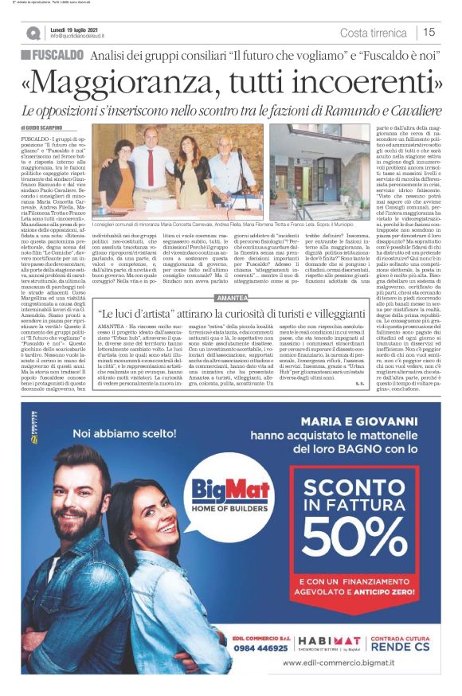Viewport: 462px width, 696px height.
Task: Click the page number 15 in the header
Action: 429,33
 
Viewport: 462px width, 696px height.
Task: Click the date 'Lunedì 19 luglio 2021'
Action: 77,29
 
